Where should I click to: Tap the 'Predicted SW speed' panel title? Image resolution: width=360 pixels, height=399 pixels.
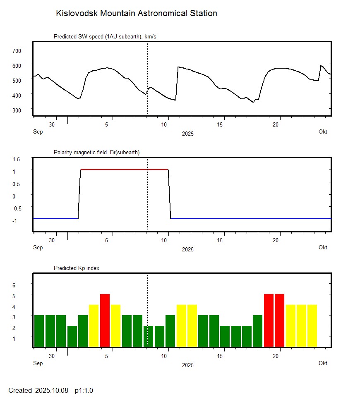[105, 36]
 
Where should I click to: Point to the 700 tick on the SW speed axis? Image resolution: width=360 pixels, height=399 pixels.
[17, 50]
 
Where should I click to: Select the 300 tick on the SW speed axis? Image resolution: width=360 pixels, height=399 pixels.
[17, 110]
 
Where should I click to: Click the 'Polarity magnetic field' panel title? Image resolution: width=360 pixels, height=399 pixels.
[96, 152]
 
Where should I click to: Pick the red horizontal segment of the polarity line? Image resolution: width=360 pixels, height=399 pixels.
[124, 169]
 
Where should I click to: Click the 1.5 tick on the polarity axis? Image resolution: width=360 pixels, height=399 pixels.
[17, 159]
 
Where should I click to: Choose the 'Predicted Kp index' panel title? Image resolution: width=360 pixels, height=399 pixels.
[77, 268]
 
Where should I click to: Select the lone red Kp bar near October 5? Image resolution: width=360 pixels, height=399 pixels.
[105, 320]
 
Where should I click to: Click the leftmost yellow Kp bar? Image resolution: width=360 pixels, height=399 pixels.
[94, 325]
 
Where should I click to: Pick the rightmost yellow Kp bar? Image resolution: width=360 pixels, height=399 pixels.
[312, 325]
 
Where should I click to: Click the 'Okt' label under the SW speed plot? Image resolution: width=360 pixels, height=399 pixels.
[323, 131]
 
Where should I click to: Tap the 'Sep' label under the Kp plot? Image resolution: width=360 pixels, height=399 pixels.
[38, 363]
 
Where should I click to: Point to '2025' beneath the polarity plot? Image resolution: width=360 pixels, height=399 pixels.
[187, 249]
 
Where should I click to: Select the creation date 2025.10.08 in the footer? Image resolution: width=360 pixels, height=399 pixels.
[52, 390]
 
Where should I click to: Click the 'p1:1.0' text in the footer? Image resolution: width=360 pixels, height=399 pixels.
[84, 390]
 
